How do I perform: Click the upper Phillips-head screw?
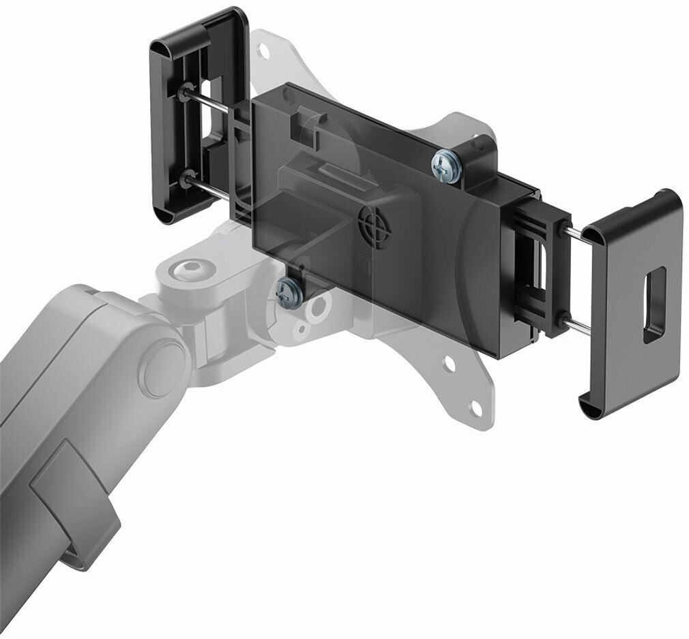pos(445,166)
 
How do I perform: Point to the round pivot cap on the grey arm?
pos(162,367)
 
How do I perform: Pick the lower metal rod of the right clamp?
pos(576,326)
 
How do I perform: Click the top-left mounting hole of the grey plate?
pos(264,50)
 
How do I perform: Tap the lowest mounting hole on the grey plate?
pos(475,409)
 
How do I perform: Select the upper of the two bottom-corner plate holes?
pos(449,365)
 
